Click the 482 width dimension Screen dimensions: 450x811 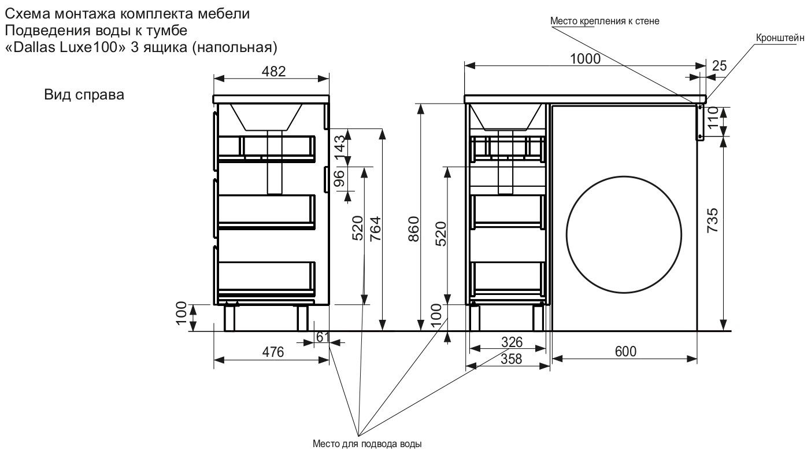[273, 72]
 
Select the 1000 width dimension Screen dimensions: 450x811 [585, 58]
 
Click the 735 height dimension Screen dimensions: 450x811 [713, 220]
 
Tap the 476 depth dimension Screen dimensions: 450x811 [273, 352]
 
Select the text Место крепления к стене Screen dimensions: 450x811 [605, 21]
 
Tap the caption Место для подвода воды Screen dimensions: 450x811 [367, 444]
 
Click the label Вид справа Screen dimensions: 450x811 [84, 94]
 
